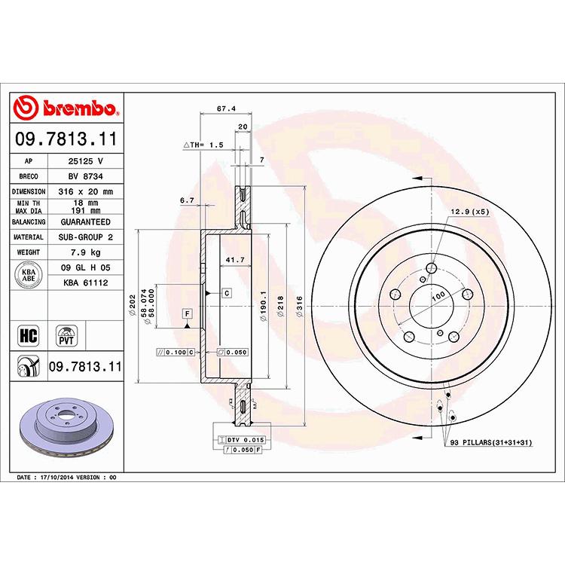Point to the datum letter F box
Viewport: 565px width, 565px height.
click(x=186, y=312)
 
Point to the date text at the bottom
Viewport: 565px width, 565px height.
click(x=66, y=478)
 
